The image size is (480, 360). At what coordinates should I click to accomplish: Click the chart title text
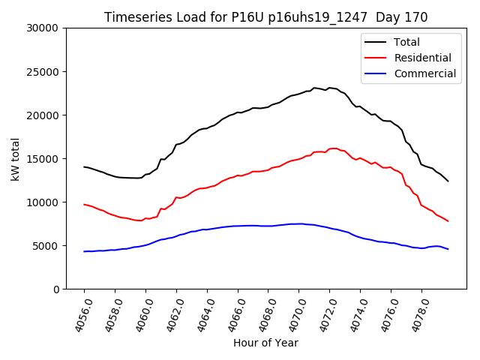pos(265,17)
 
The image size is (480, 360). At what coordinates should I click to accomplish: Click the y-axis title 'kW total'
pos(16,158)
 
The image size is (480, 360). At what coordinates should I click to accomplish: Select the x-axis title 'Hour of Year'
pos(265,343)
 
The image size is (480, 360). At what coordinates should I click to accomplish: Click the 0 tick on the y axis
pos(55,289)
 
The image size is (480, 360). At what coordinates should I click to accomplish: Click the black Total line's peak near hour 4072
pos(329,88)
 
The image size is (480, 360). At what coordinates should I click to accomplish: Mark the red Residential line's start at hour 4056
pos(84,204)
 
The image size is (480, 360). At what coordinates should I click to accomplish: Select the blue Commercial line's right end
pos(448,249)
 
